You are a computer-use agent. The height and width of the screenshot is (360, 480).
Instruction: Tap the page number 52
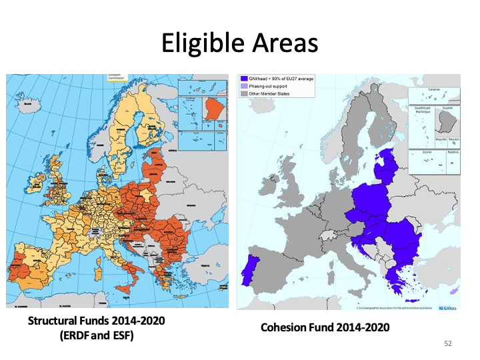(447, 343)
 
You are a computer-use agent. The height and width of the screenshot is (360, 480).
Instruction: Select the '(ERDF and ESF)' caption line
(96, 335)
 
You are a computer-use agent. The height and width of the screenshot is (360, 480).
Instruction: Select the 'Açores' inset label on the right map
(427, 151)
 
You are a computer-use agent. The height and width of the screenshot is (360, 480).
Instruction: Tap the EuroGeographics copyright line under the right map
(393, 307)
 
